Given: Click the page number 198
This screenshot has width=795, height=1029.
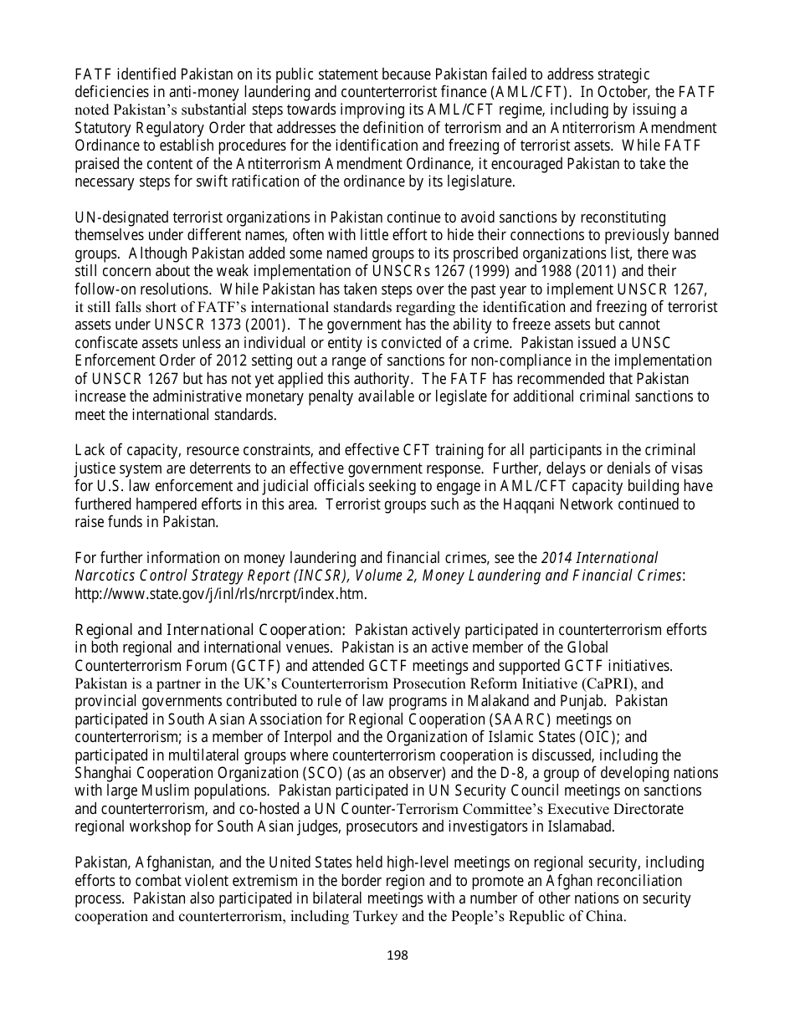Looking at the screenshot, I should (397, 955).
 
